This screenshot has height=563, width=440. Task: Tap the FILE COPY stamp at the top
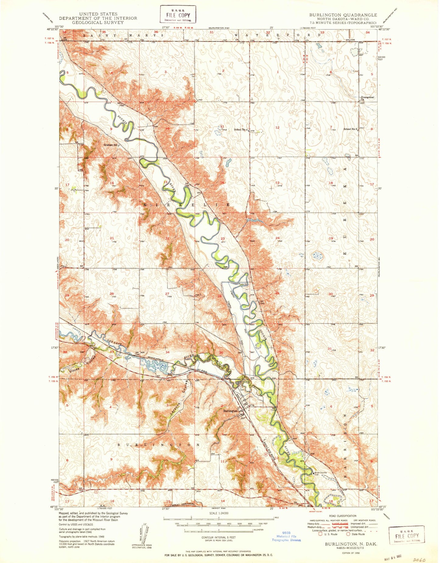click(178, 15)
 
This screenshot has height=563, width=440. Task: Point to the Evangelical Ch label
click(368, 98)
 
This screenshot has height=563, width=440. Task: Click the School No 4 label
click(241, 130)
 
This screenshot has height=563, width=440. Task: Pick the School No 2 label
click(350, 129)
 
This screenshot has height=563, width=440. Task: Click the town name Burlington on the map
click(230, 411)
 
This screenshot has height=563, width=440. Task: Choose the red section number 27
click(167, 294)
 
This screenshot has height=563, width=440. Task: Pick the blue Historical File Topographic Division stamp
click(286, 538)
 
